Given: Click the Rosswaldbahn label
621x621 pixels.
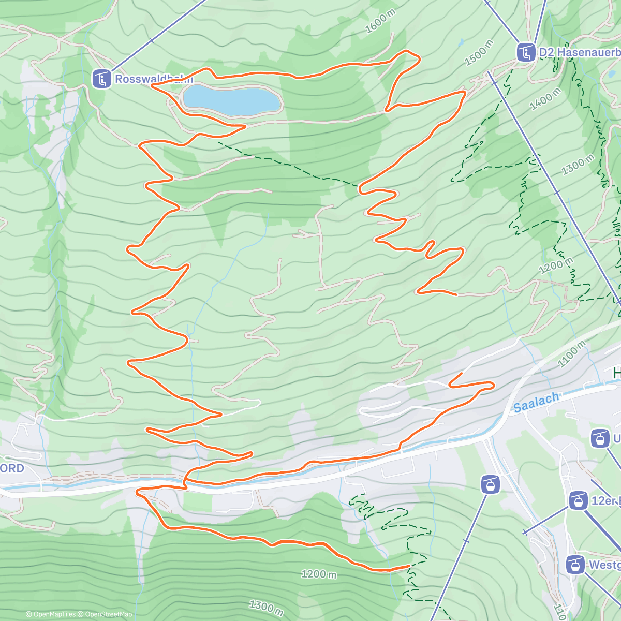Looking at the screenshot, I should [x=153, y=79].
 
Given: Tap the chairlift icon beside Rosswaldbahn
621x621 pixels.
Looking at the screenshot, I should [x=102, y=79].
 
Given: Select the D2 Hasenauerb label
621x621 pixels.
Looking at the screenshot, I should [x=579, y=52].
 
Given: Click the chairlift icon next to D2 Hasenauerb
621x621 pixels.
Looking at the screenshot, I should [x=526, y=52].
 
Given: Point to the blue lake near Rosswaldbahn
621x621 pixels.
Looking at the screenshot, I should [x=231, y=100].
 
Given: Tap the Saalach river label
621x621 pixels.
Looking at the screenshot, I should [x=537, y=402].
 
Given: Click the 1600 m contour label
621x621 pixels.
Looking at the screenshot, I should [x=380, y=22].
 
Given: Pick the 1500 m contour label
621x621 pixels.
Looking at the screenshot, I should [x=479, y=52].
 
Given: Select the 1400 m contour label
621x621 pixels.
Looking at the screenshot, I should [x=545, y=99].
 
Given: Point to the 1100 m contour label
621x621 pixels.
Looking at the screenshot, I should [x=571, y=354].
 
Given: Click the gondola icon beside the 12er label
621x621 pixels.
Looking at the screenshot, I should [x=578, y=500].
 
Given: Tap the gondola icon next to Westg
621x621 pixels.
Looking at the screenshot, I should [x=575, y=565].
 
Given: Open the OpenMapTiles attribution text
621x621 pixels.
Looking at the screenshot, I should [x=50, y=614].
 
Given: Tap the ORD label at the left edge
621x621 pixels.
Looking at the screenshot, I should [x=12, y=468].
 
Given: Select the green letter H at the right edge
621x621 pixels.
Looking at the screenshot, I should [x=616, y=373].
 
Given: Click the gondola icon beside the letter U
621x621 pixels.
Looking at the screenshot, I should [x=600, y=439].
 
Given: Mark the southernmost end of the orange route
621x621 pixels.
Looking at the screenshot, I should [x=409, y=566].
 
